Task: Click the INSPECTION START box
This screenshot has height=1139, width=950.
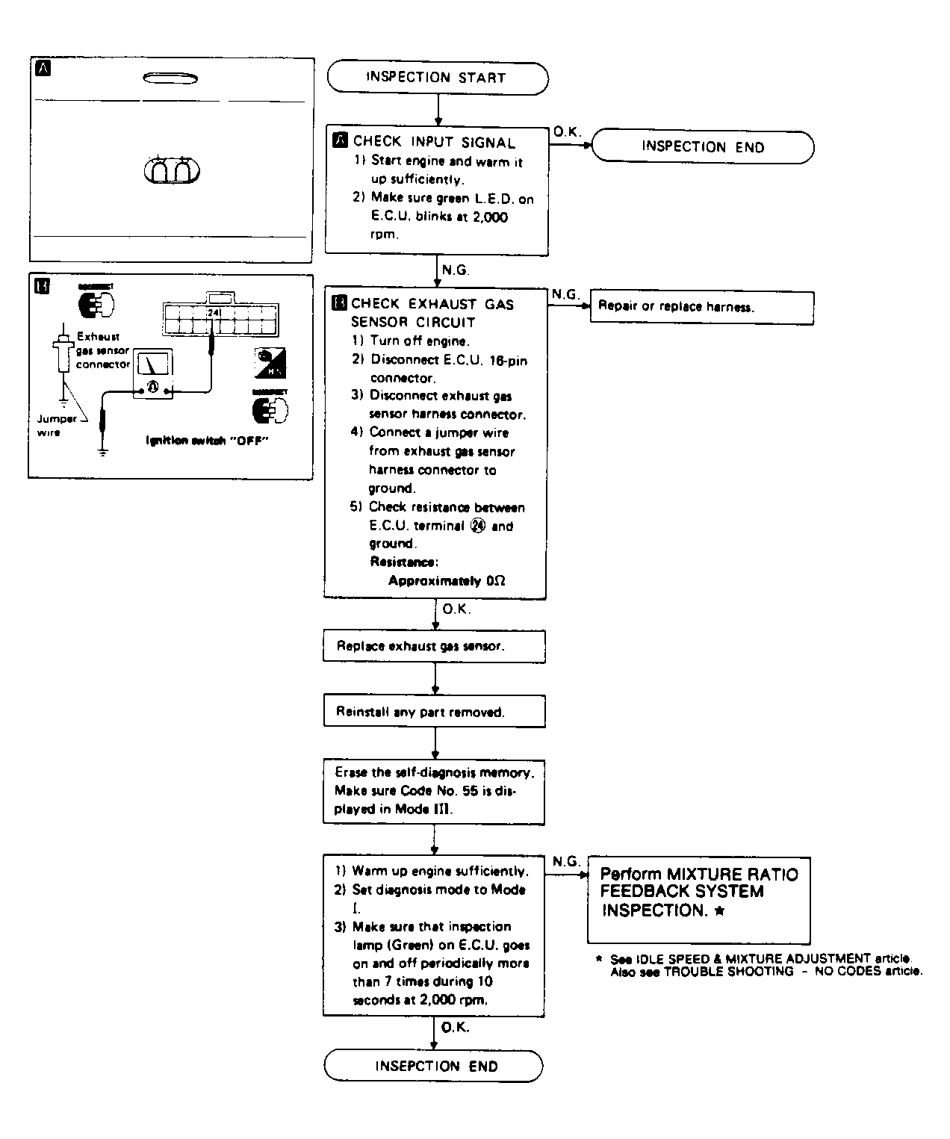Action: [x=437, y=78]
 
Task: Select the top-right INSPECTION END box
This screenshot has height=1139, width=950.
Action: [x=703, y=147]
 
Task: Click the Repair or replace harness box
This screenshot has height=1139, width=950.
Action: [x=701, y=307]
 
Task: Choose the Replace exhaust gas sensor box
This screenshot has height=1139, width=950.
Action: [x=434, y=646]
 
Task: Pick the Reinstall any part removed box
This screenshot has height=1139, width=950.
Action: [x=434, y=712]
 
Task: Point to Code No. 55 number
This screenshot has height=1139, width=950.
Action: [x=471, y=791]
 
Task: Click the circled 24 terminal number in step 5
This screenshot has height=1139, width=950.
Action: [x=478, y=526]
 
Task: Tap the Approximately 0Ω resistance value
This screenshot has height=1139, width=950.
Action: [x=447, y=580]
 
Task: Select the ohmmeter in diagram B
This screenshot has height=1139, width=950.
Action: [x=153, y=373]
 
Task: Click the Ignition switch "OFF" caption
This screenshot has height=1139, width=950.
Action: [x=207, y=441]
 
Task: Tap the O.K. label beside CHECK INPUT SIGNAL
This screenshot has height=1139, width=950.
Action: [x=567, y=132]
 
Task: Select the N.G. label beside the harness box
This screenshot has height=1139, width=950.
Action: [x=565, y=294]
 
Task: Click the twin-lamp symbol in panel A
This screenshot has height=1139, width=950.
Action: [x=172, y=171]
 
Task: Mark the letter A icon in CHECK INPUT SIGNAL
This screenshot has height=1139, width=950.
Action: [x=340, y=140]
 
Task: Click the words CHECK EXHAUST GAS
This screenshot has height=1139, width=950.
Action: [x=432, y=304]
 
